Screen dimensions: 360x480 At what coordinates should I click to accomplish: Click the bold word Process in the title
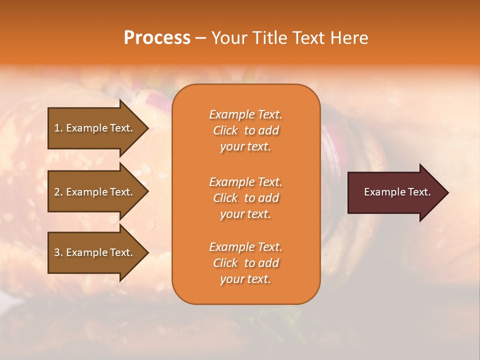tap(157, 38)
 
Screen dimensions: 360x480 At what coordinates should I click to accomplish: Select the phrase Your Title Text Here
tap(289, 38)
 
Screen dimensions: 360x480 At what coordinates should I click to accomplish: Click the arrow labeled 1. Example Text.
tap(95, 128)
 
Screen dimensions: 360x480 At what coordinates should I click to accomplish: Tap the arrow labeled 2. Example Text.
tap(95, 192)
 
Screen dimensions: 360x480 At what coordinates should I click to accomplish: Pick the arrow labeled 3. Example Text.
tap(95, 252)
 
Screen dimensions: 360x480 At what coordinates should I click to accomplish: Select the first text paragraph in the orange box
tap(245, 130)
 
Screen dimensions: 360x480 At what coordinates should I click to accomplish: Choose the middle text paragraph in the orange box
tap(245, 198)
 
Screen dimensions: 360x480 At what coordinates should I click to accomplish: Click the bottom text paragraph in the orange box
tap(245, 263)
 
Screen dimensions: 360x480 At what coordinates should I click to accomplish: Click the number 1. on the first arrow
tap(58, 128)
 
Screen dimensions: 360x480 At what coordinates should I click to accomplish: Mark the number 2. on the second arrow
tap(58, 192)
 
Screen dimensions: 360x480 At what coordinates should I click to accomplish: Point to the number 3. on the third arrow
tap(58, 252)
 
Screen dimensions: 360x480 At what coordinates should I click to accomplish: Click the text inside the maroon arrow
tap(397, 192)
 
